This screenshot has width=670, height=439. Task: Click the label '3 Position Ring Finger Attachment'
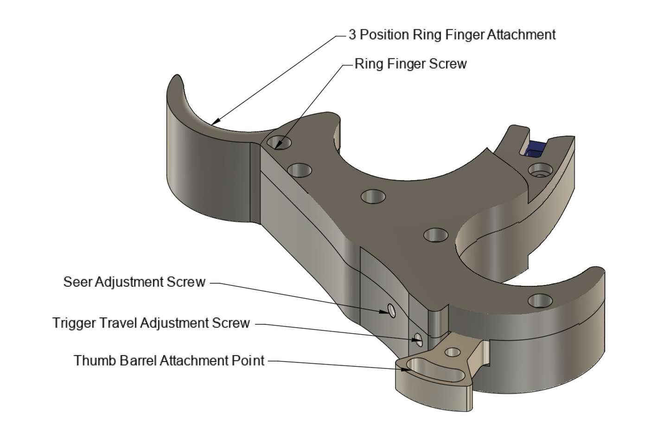pos(452,35)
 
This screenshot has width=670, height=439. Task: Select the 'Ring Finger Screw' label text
pos(410,64)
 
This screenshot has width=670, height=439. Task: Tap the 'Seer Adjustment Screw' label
pos(134,282)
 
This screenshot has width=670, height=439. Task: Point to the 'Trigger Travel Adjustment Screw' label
pos(151,323)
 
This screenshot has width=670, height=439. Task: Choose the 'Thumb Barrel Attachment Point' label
pos(169,361)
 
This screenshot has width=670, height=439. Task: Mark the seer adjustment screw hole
pos(391,310)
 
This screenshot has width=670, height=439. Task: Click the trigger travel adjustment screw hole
pos(419,340)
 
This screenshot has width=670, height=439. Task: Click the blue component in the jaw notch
pos(536,148)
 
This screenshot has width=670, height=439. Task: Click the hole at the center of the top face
pos(373,197)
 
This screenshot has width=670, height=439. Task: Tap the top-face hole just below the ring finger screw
pos(300,170)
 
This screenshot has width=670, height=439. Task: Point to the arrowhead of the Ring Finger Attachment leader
pos(213,123)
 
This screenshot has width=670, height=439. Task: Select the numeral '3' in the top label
pos(352,35)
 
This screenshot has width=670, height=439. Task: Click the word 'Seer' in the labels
pos(77,282)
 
